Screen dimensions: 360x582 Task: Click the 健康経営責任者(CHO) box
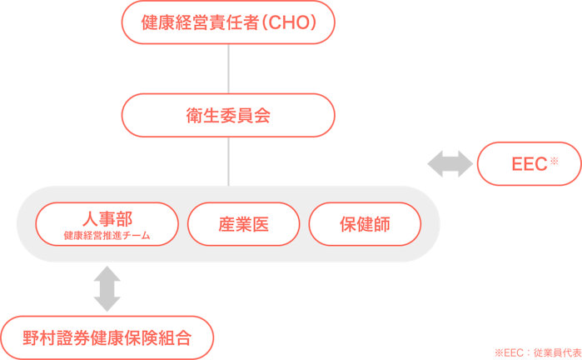(228, 22)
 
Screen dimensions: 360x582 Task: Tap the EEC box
(529, 163)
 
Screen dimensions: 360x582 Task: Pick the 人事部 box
(107, 224)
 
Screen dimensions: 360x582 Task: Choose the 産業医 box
(243, 224)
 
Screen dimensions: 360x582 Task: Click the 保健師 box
(365, 224)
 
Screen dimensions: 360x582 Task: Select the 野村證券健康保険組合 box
(107, 337)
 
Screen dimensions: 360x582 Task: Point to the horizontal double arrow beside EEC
(450, 163)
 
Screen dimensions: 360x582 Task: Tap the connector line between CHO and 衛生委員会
(228, 68)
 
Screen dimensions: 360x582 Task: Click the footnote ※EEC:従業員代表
(536, 352)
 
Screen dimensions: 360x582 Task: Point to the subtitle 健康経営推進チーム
(107, 236)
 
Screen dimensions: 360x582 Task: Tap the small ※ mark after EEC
(554, 160)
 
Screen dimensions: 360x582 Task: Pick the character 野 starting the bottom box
(31, 337)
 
